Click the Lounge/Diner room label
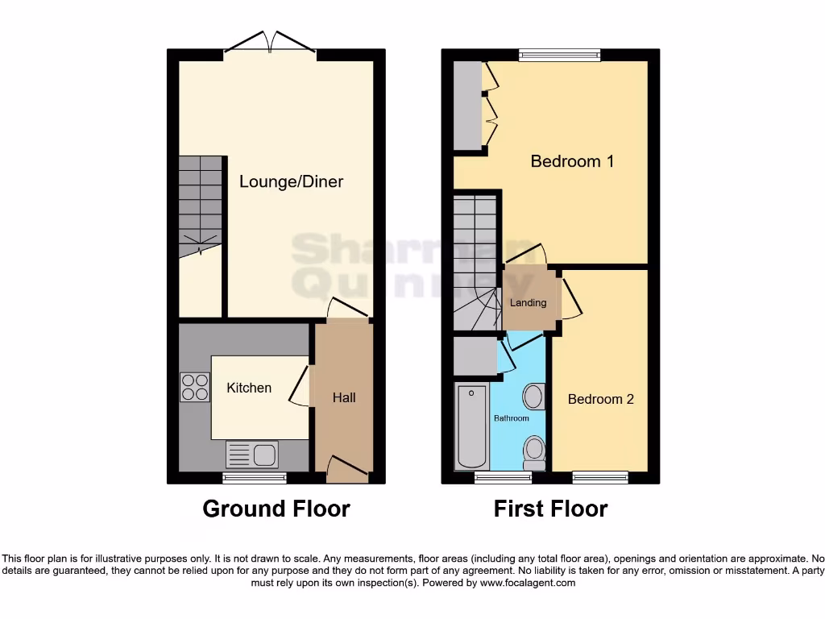point(291,181)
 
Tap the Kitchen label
point(249,388)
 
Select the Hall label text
point(344,397)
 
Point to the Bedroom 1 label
point(572,161)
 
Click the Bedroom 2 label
point(600,399)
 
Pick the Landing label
point(529,303)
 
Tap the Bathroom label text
point(512,418)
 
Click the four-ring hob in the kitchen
point(194,387)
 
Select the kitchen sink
point(253,455)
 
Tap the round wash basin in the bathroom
point(533,396)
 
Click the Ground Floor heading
point(276,509)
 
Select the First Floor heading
point(550,509)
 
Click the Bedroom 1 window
point(560,55)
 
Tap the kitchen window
point(255,478)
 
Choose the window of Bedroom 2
point(600,478)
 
